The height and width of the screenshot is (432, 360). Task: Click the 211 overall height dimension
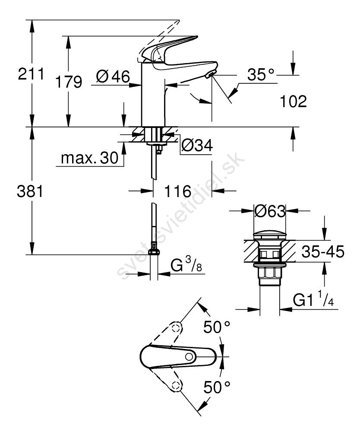[31, 74]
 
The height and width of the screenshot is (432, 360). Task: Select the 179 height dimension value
[69, 82]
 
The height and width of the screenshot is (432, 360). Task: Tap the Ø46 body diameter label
[113, 76]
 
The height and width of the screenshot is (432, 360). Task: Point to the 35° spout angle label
[261, 74]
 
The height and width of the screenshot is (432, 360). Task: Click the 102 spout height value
[294, 102]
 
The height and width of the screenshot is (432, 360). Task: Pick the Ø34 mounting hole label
[197, 145]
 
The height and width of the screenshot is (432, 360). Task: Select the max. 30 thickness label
[90, 158]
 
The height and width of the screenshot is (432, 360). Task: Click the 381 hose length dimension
[30, 191]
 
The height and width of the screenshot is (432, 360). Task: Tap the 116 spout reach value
[178, 191]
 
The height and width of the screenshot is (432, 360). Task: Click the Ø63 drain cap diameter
[270, 211]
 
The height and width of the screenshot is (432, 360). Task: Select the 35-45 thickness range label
[323, 251]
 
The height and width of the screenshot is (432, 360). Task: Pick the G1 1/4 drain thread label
[313, 299]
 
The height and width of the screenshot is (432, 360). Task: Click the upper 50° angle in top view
[217, 327]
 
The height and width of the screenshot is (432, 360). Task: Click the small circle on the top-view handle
[189, 356]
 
